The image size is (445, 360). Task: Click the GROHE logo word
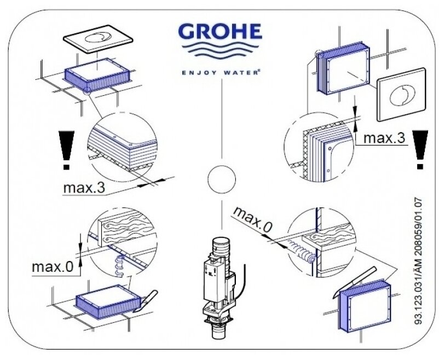[222, 32]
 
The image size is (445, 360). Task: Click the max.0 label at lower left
[53, 266]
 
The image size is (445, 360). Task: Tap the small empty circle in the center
[222, 178]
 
